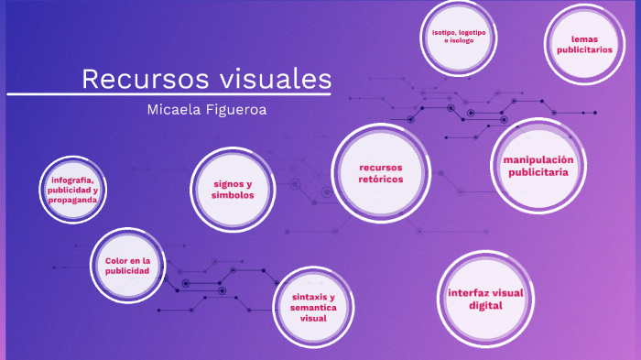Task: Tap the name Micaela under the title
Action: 179,110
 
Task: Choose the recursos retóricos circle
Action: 381,173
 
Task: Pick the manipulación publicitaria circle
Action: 538,165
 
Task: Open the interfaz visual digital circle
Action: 485,299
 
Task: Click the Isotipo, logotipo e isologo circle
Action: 459,37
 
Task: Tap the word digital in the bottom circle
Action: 485,306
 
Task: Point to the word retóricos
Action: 381,180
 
